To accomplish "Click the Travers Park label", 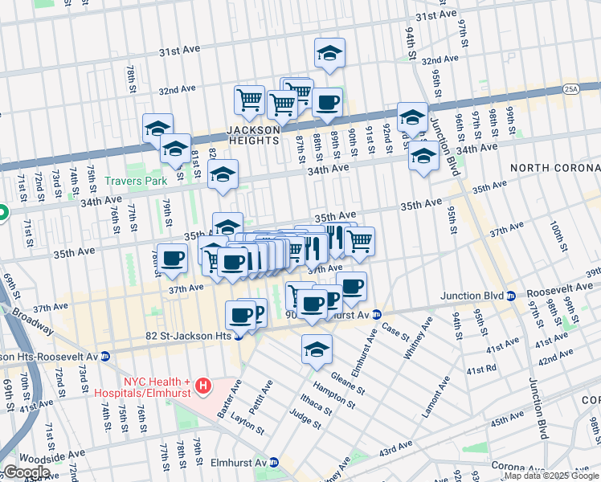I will pos(134,182).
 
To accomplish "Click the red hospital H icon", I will pos(204,386).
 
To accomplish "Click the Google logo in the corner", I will pos(26,472).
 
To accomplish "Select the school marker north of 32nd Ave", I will pos(329,53).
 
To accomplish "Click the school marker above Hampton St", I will pos(317,349).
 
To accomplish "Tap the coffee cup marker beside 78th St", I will pos(172,259).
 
